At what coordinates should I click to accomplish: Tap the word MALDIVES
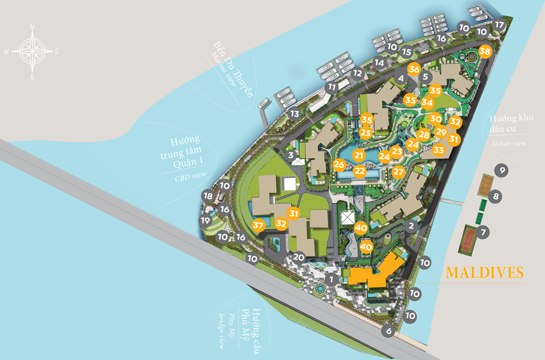tap(485, 273)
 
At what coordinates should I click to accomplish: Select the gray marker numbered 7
tap(483, 232)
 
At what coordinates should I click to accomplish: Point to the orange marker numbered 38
tap(485, 52)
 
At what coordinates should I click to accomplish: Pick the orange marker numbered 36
tap(414, 70)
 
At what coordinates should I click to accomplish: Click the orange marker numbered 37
tap(258, 225)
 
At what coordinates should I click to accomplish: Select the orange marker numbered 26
tap(340, 164)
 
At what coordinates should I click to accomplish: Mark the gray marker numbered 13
tap(295, 113)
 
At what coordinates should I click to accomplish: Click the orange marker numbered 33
tap(439, 150)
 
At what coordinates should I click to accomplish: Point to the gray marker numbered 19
tap(205, 220)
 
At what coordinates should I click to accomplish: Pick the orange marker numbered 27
tap(399, 172)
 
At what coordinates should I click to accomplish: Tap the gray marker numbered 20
tap(299, 257)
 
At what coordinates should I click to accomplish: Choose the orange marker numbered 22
tap(359, 170)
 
